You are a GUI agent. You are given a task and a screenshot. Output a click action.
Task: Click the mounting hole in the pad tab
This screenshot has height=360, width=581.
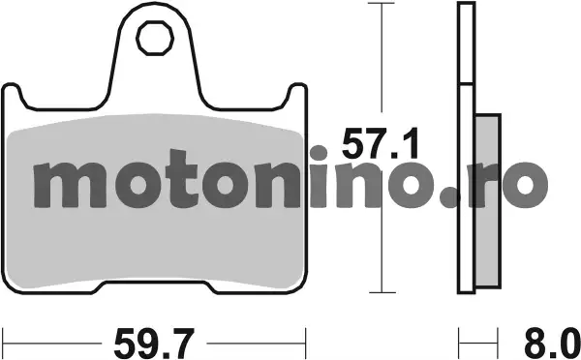[155, 38]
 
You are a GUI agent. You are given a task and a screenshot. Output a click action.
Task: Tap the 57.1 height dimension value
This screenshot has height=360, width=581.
[381, 143]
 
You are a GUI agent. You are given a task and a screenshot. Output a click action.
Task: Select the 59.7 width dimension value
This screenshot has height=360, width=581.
[154, 343]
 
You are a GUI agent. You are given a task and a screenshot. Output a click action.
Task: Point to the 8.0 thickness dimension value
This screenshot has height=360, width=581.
[552, 343]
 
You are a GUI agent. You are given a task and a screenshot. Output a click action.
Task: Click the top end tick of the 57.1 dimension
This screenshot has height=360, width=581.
[382, 3]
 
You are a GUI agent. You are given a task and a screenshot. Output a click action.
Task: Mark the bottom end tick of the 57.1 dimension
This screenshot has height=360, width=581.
[382, 292]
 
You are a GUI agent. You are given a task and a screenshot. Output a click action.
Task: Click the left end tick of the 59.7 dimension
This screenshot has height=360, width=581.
[3, 343]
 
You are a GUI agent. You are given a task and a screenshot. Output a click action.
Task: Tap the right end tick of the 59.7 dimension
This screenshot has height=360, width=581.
[305, 343]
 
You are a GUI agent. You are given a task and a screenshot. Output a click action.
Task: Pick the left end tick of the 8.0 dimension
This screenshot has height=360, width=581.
[459, 343]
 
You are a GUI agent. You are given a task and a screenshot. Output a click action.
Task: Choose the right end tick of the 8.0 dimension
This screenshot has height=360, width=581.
[497, 343]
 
